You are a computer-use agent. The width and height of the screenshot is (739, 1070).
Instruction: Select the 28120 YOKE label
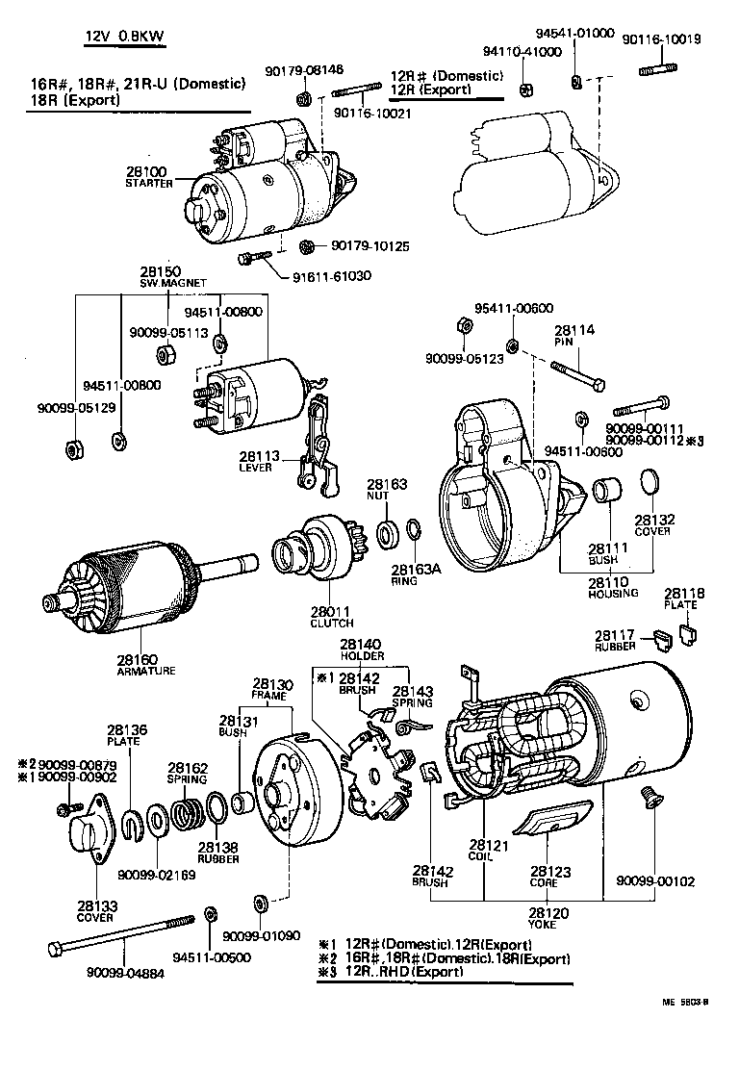tap(548, 919)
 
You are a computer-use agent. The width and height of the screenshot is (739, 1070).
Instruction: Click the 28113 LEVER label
tap(256, 463)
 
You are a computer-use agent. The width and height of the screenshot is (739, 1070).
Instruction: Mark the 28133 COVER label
tap(96, 911)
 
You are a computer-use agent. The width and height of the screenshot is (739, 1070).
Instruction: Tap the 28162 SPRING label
tap(189, 773)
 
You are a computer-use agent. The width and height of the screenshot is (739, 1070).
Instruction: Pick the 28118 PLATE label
tap(684, 599)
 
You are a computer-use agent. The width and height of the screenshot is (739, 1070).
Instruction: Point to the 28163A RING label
tap(416, 574)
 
